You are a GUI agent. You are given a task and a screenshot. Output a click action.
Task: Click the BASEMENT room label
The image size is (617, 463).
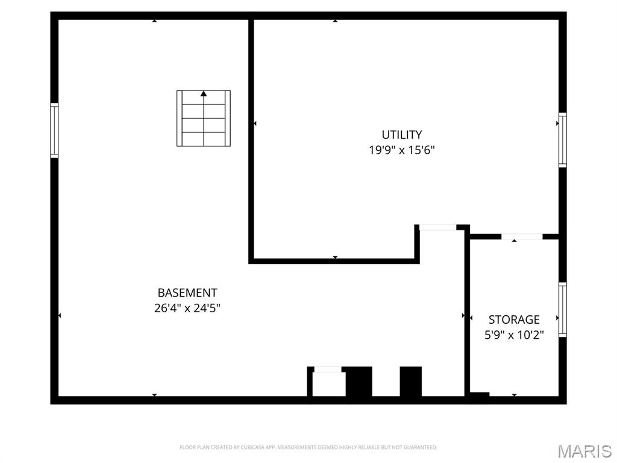[187, 293]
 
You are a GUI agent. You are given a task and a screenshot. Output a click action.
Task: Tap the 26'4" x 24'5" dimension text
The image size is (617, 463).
[187, 308]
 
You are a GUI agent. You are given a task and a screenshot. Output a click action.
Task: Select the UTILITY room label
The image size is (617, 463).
[401, 135]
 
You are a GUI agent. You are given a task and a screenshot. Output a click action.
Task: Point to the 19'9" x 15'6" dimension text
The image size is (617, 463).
[401, 150]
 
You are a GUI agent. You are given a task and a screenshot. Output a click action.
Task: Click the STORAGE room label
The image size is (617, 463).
[514, 320]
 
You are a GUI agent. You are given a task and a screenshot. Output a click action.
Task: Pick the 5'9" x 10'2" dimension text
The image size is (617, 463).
[514, 335]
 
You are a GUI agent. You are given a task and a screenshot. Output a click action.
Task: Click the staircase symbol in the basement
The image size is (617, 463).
[204, 118]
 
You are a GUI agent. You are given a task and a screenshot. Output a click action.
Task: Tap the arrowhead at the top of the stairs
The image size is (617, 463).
[204, 93]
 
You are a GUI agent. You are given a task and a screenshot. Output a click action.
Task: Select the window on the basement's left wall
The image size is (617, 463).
[54, 130]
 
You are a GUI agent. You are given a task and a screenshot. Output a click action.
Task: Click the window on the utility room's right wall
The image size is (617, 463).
[562, 139]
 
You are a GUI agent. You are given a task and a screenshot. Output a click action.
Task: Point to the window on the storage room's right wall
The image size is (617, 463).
[562, 310]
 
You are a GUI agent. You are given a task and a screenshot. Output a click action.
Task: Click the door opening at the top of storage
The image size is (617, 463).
[522, 236]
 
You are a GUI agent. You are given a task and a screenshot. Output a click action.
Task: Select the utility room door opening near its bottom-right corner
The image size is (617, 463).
[437, 227]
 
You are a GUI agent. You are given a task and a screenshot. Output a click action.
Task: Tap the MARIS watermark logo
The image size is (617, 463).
[584, 450]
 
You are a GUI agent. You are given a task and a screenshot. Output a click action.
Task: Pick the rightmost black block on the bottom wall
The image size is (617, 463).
[411, 381]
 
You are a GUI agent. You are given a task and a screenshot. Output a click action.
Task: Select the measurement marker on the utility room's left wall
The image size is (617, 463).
[255, 124]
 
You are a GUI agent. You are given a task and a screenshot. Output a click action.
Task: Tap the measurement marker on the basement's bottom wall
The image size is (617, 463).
[154, 395]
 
